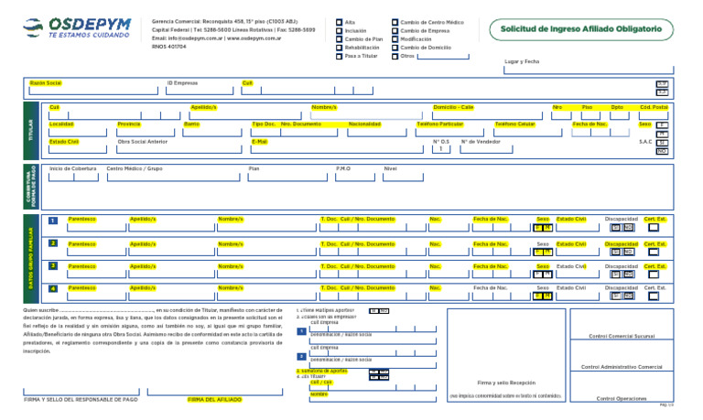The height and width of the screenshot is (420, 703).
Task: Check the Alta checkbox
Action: pyautogui.click(x=339, y=21)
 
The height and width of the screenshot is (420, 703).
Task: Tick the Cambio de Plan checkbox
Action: pyautogui.click(x=339, y=38)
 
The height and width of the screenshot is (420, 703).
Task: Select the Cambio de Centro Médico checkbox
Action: pyautogui.click(x=395, y=21)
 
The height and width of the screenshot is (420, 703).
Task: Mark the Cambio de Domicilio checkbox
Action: pyautogui.click(x=395, y=48)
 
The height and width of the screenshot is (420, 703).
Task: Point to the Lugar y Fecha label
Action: pyautogui.click(x=522, y=61)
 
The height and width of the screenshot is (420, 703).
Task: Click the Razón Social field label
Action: pyautogui.click(x=46, y=82)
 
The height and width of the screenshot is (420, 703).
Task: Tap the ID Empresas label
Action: pyautogui.click(x=182, y=82)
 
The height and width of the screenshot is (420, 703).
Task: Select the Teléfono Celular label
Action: pyautogui.click(x=514, y=124)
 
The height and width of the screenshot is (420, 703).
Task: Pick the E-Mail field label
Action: pyautogui.click(x=259, y=142)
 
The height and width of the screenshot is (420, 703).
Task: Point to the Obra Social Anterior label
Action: pyautogui.click(x=143, y=142)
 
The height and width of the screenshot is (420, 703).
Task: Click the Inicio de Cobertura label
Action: pyautogui.click(x=73, y=168)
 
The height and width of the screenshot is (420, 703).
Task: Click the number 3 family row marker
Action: pyautogui.click(x=53, y=266)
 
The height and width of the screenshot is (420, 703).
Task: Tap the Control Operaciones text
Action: pyautogui.click(x=622, y=399)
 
